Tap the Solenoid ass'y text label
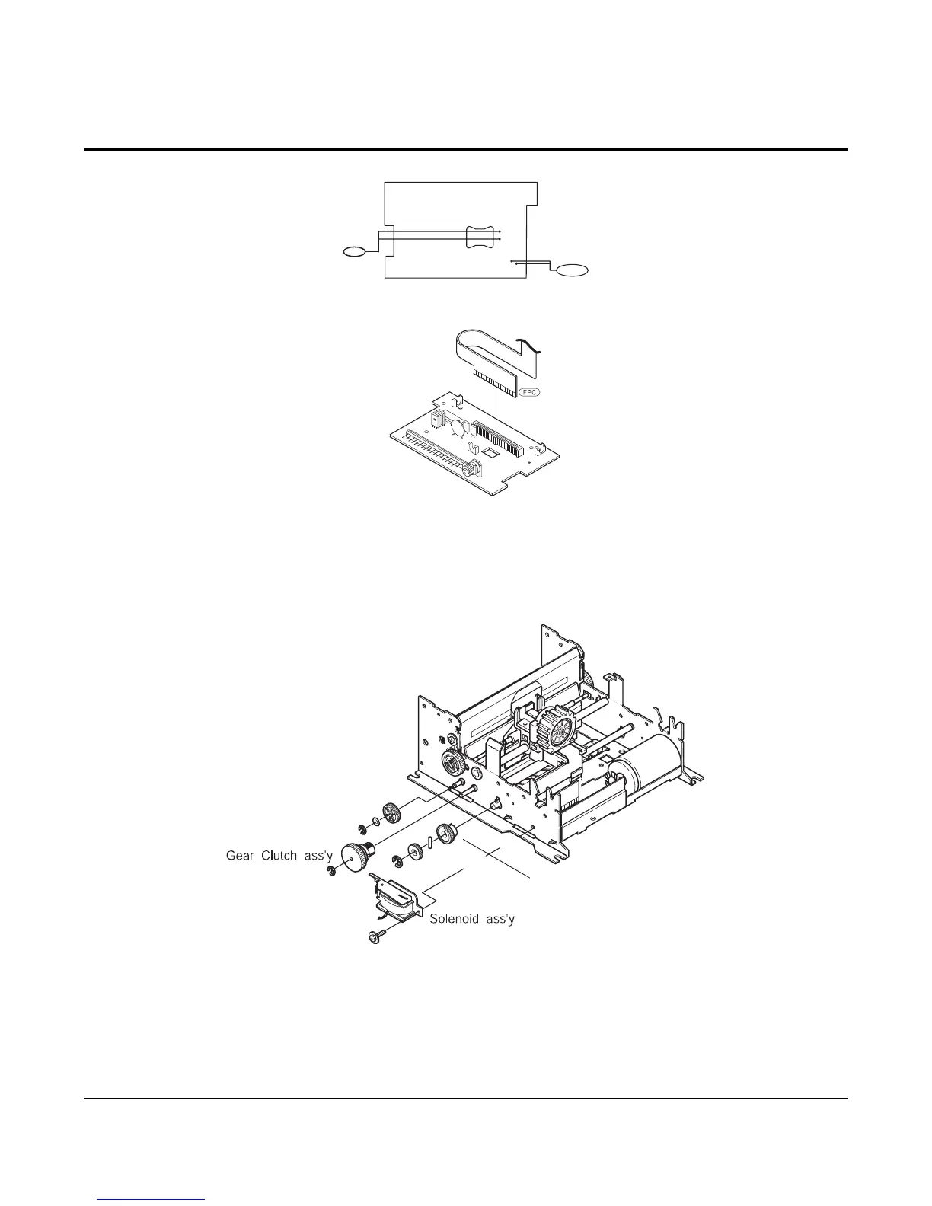(x=472, y=919)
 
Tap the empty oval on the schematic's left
(x=353, y=250)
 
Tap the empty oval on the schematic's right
(x=573, y=270)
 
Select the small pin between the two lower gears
(x=430, y=841)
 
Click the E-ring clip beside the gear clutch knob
(x=330, y=872)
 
